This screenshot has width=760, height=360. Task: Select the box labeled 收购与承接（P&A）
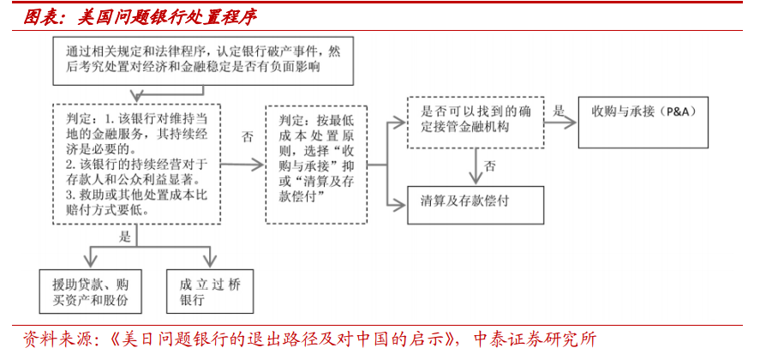tap(643, 123)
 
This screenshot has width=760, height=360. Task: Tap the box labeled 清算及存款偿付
tap(476, 205)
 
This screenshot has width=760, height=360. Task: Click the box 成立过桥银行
tap(210, 291)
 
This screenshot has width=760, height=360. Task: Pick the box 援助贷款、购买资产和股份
tap(90, 291)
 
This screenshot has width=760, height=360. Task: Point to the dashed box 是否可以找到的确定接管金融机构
tap(476, 123)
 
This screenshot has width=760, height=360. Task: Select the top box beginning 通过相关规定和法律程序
tap(203, 61)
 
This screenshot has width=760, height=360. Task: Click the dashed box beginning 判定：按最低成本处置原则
tap(316, 165)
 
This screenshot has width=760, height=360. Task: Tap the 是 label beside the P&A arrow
tap(559, 111)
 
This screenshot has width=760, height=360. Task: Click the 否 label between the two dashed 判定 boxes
tap(248, 137)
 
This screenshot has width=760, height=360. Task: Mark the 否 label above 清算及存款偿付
tap(490, 167)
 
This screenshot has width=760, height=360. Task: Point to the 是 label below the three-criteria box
tap(124, 237)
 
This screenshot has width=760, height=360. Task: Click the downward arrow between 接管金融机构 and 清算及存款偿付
tap(476, 167)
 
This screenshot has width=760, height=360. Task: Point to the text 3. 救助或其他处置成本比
tap(137, 195)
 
